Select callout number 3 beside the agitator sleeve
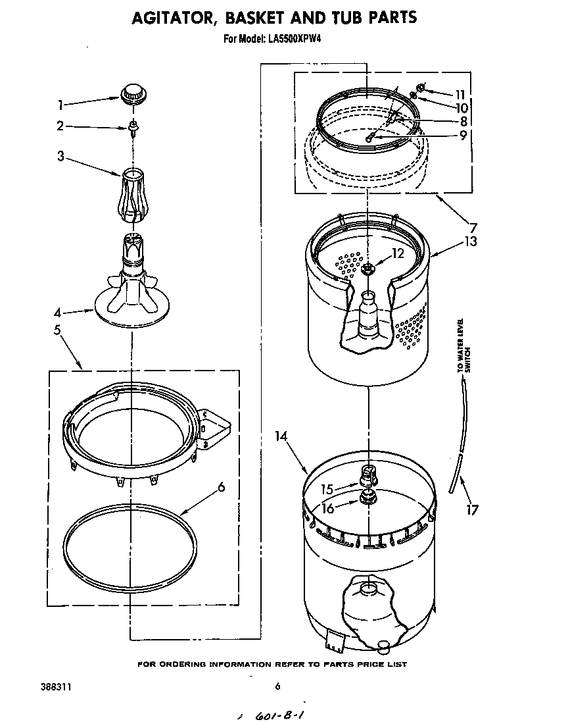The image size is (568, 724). point(60,157)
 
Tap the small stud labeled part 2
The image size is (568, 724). point(133,126)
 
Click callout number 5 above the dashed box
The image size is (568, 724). point(58,330)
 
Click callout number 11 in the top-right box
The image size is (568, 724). point(460,93)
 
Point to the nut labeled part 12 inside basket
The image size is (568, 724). point(367,268)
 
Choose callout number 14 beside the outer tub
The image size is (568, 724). point(281,435)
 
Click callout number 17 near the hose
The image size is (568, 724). point(471,509)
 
